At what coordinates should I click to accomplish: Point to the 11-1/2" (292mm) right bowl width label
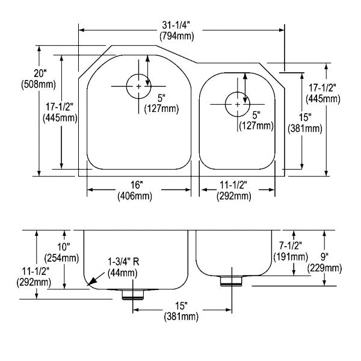tap(234, 190)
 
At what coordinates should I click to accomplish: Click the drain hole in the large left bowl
tap(138, 87)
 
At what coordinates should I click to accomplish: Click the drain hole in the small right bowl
tap(237, 104)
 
